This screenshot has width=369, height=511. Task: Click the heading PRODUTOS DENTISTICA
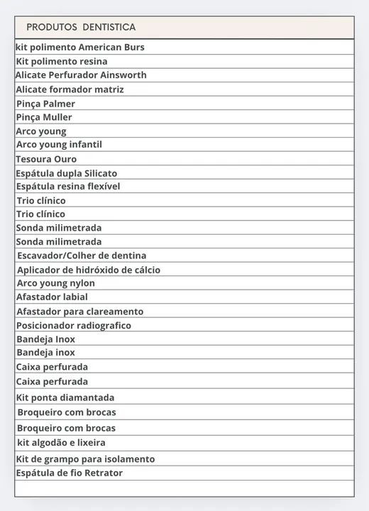[81, 27]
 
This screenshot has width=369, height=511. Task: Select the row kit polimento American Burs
[80, 47]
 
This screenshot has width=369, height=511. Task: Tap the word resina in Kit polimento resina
[93, 61]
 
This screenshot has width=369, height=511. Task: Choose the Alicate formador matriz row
[70, 89]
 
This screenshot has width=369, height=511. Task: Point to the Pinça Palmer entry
[45, 104]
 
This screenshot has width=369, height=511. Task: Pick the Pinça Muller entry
[44, 117]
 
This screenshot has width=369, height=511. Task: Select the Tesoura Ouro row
[46, 159]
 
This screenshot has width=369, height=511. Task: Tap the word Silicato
[101, 173]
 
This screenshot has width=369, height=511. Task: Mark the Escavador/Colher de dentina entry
[82, 255]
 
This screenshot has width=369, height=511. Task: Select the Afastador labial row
[52, 297]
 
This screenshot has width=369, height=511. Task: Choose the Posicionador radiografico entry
[74, 325]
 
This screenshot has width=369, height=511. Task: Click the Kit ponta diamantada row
[65, 397]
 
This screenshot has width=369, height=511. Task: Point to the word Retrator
[99, 473]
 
